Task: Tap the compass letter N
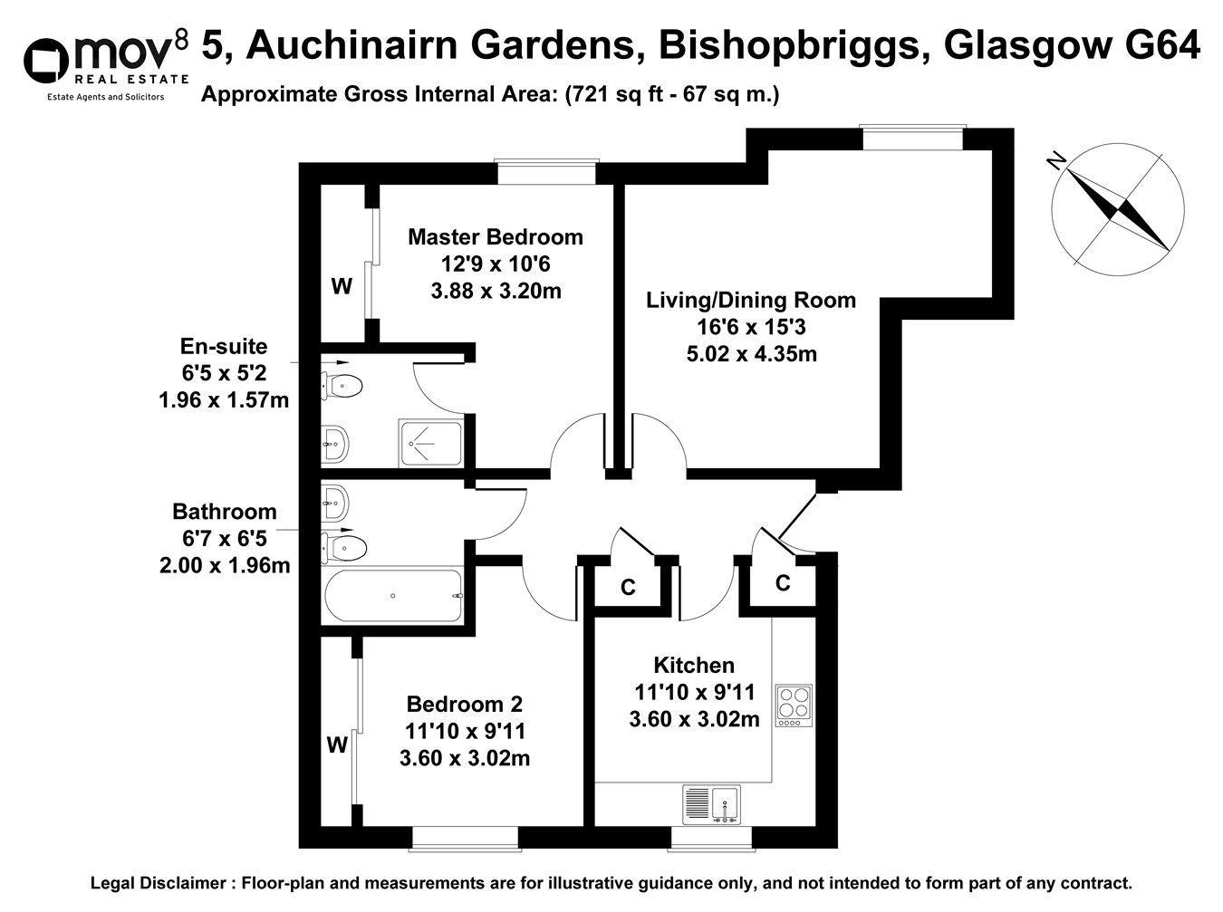point(1055,161)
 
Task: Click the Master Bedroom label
point(496,237)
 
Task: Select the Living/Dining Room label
point(750,300)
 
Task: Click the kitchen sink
point(713,804)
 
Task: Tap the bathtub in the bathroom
point(393,596)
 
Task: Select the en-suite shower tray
point(429,444)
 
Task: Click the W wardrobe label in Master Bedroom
point(341,287)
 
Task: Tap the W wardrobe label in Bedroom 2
point(337,745)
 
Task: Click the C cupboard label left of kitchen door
point(627,588)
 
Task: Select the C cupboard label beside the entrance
point(783,583)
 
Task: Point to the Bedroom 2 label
point(464,704)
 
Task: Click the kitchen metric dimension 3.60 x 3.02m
point(694,719)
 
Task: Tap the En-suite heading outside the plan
point(224,346)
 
